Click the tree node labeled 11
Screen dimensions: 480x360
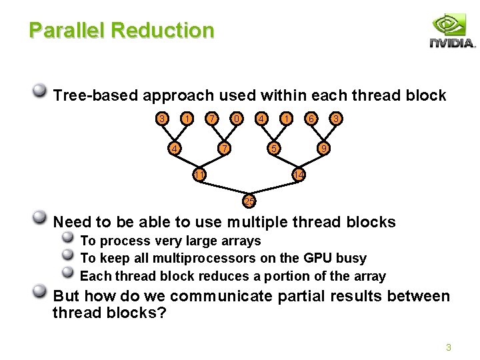pyautogui.click(x=199, y=175)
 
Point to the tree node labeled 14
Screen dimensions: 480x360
pyautogui.click(x=299, y=175)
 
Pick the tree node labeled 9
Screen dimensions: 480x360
pyautogui.click(x=323, y=147)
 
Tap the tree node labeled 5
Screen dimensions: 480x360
pyautogui.click(x=272, y=147)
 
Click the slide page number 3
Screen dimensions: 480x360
pyautogui.click(x=449, y=347)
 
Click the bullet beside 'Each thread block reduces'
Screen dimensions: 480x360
pyautogui.click(x=67, y=274)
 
